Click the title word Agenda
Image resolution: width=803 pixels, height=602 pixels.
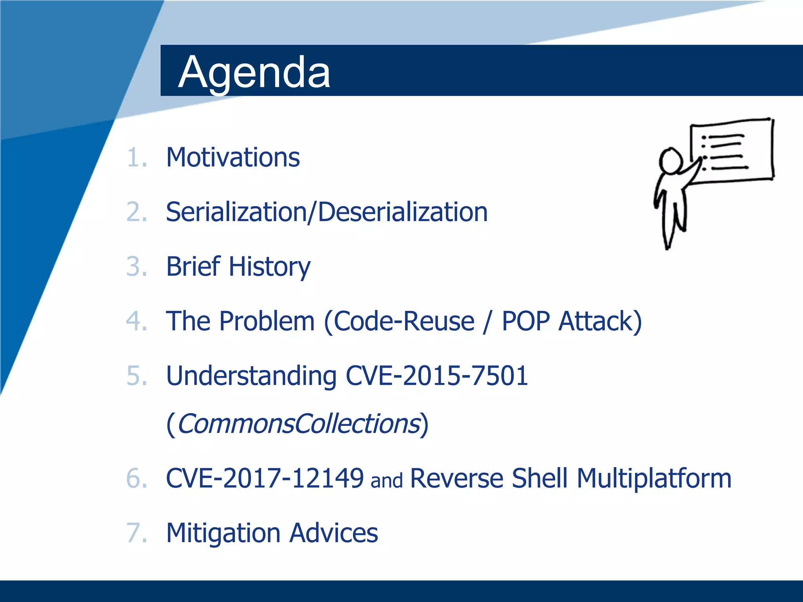[x=254, y=73]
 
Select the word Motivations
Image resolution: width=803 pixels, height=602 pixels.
[x=233, y=158]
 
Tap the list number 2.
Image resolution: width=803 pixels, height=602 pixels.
[x=136, y=212]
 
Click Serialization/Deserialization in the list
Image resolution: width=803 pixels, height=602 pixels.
[x=327, y=212]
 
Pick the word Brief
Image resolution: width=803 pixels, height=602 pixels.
[x=193, y=267]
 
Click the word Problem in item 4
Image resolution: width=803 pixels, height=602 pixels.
[x=267, y=321]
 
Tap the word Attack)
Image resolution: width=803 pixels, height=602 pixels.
[x=600, y=321]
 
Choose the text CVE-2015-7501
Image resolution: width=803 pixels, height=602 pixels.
[x=437, y=375]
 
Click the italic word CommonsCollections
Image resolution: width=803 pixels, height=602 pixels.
[x=298, y=424]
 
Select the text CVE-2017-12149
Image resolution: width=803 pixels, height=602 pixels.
[x=265, y=478]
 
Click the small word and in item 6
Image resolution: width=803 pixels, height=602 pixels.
[x=387, y=481]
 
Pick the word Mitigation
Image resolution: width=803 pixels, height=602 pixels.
[x=223, y=533]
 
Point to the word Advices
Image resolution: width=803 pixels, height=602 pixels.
[x=334, y=533]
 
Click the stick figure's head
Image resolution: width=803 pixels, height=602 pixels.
[x=670, y=160]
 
